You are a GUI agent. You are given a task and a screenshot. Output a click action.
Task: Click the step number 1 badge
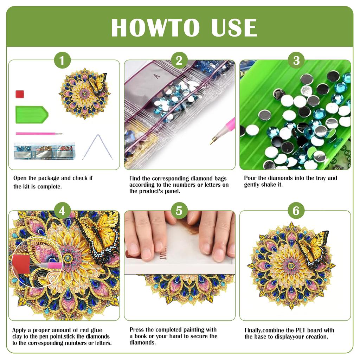coord(62,61)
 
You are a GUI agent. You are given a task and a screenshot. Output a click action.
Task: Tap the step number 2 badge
coord(179,61)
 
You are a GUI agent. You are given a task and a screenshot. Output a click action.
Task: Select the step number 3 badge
coord(296,61)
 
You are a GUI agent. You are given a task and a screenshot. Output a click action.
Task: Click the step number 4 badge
coord(62,211)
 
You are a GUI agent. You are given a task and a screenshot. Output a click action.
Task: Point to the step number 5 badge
coord(179,211)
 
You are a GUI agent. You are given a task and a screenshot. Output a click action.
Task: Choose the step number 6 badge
coord(296,211)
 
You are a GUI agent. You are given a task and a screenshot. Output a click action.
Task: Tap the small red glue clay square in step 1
coord(20,94)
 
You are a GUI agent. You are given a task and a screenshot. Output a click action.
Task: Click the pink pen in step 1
coord(38,134)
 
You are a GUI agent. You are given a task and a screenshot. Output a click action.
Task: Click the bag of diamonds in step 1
coord(44,150)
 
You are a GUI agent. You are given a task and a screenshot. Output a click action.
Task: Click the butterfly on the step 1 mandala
coord(98,84)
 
